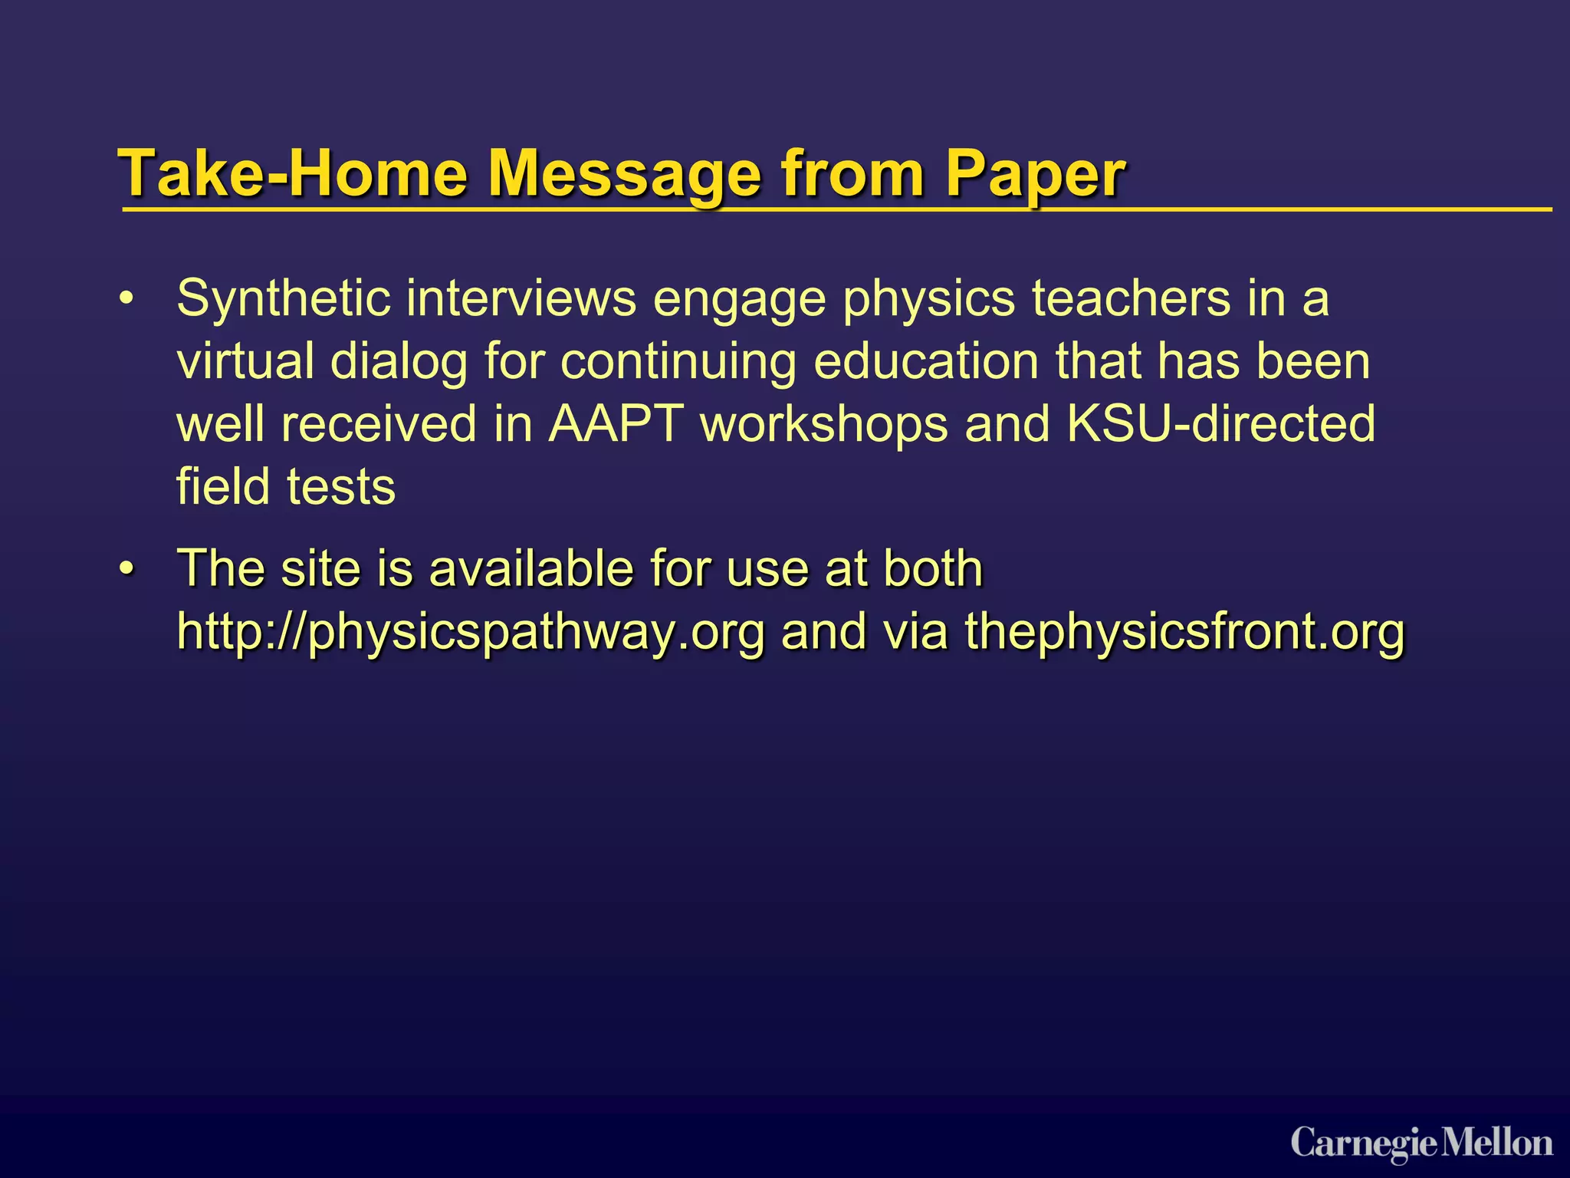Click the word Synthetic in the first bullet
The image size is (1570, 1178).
tap(284, 298)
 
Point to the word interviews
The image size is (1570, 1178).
tap(521, 298)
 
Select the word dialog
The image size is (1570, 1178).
tap(399, 363)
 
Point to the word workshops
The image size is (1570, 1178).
tap(824, 424)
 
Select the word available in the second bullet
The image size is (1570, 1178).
tap(530, 569)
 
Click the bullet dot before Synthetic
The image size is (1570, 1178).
tap(126, 298)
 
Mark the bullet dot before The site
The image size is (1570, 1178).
tap(126, 569)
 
